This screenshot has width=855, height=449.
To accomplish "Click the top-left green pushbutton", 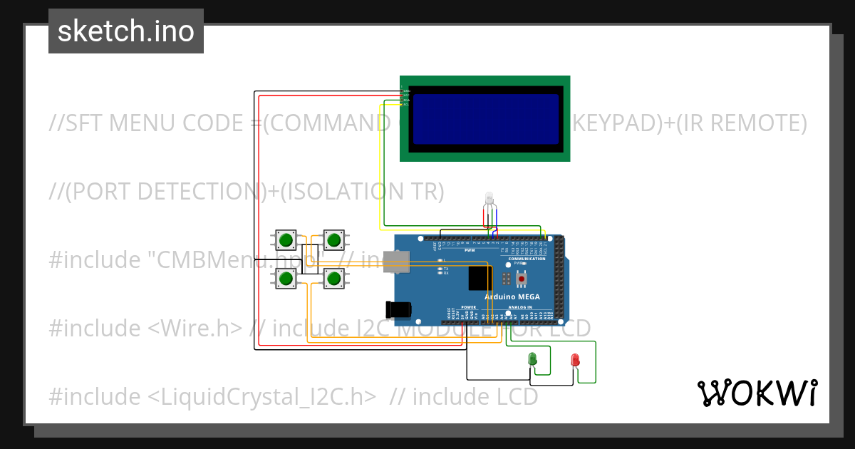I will click(x=286, y=239).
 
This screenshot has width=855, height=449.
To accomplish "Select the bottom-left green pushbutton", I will click(x=286, y=278).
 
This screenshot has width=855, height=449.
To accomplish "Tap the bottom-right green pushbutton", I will click(x=333, y=278).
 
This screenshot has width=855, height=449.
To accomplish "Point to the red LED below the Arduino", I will click(x=575, y=360).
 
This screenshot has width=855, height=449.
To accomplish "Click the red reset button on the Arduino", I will click(x=522, y=278).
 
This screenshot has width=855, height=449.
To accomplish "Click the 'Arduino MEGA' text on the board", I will click(x=512, y=296).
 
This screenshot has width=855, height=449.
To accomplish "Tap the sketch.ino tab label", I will click(x=126, y=31).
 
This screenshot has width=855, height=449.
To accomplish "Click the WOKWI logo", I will click(x=757, y=393).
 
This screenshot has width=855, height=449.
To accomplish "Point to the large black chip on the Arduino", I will click(x=480, y=278).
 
